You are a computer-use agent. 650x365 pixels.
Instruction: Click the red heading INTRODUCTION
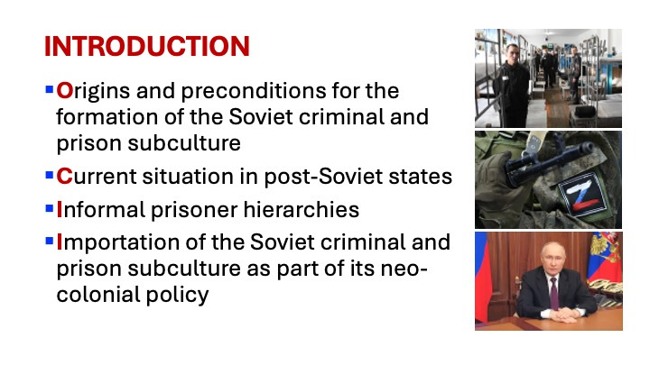147,46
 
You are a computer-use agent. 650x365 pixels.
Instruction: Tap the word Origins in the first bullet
93,91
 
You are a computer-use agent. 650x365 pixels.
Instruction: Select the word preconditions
254,91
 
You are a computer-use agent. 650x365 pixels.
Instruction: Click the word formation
107,116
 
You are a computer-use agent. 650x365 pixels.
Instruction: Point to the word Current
97,177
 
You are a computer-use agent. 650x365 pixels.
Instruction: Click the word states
421,177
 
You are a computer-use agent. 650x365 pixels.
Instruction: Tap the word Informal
101,209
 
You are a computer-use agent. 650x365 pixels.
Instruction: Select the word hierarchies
301,209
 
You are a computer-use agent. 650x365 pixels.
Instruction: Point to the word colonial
95,295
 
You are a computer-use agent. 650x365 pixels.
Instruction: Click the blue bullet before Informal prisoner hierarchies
50,208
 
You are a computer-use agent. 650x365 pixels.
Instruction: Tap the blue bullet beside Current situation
50,175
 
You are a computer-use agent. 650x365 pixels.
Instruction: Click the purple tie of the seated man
553,294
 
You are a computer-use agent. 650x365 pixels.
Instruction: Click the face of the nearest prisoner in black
513,53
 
